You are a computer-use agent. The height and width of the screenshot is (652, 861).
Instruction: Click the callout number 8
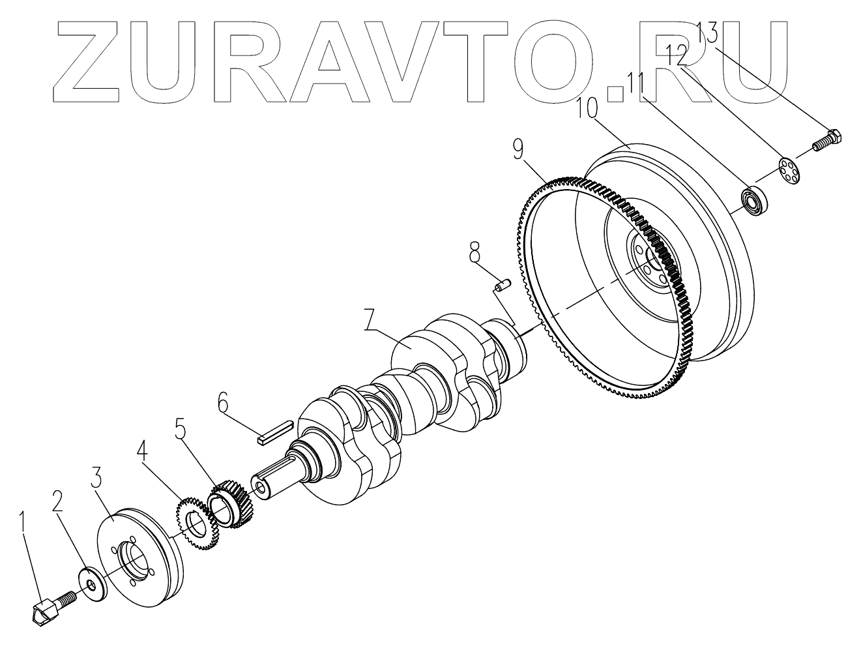coord(474,250)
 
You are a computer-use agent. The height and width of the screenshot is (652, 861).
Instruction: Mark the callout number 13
coord(708,31)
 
